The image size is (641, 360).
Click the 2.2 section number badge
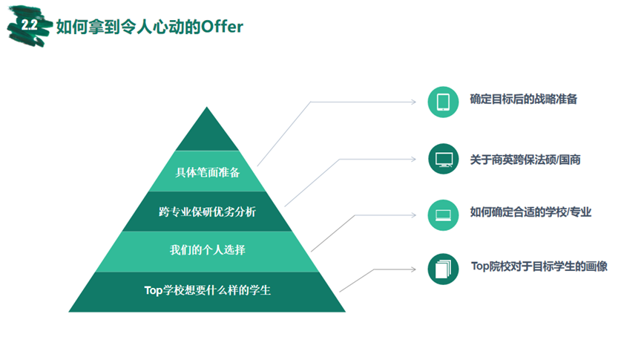coord(30,26)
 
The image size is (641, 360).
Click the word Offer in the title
coord(222,27)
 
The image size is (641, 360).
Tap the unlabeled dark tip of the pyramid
coord(207,129)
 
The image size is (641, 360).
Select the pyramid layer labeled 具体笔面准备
coord(207,171)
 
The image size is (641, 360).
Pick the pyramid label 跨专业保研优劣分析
coord(207,212)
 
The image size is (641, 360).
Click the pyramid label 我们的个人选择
coord(207,249)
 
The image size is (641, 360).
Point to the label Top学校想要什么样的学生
coord(207,290)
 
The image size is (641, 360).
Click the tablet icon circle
coord(443,102)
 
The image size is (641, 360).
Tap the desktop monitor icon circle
coord(443,159)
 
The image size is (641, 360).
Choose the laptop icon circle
coord(443,215)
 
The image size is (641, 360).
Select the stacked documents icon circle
coord(443,269)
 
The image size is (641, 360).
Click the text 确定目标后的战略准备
coord(523,99)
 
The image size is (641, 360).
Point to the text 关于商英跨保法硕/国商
coord(525,160)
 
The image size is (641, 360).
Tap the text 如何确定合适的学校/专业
coord(530,212)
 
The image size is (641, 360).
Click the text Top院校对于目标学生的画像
coord(539,266)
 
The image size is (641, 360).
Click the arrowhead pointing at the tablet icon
coord(414,102)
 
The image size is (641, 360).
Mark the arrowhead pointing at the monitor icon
coord(414,159)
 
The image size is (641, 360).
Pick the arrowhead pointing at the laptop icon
coord(414,215)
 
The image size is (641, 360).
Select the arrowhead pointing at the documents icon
coord(414,269)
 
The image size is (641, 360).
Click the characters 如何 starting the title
coord(72,27)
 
